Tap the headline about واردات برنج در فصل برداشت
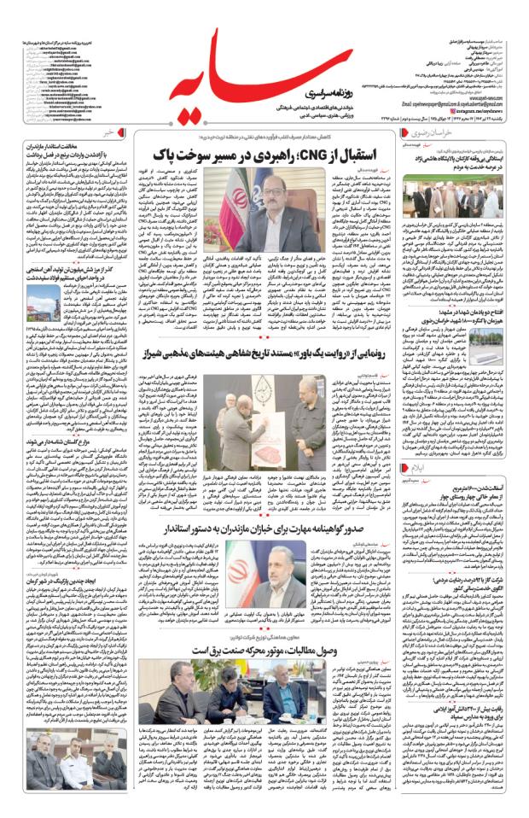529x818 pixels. coord(80,162)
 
